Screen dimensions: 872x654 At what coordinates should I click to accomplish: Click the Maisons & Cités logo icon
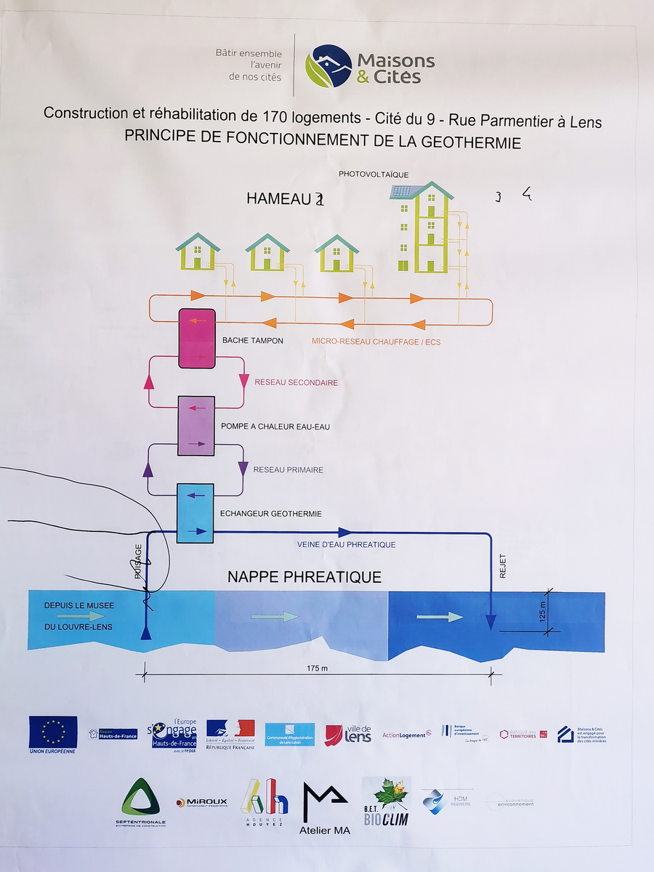(328, 66)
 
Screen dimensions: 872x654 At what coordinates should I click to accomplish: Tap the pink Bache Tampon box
(196, 338)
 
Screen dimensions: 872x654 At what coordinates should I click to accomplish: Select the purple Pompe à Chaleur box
(196, 426)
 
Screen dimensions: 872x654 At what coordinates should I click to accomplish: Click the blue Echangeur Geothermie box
(195, 512)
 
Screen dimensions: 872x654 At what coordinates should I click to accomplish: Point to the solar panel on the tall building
(400, 192)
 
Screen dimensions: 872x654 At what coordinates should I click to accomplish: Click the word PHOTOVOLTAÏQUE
(374, 174)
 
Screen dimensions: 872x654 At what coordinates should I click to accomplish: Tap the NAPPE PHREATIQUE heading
(304, 577)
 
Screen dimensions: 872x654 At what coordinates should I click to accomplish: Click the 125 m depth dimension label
(541, 610)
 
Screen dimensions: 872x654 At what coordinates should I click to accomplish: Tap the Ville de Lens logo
(348, 734)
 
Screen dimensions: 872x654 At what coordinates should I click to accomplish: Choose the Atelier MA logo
(325, 807)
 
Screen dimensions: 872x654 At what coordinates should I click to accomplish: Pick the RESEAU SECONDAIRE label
(296, 382)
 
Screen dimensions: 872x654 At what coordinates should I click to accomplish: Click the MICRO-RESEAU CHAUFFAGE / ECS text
(376, 341)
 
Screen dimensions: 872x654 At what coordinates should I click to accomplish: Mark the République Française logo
(230, 733)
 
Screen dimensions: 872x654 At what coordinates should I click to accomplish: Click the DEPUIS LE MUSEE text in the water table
(79, 605)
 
